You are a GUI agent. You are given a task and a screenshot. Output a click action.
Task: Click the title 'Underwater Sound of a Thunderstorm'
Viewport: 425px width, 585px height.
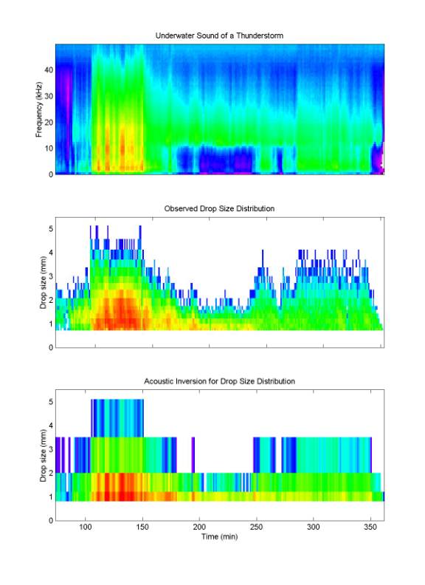click(219, 35)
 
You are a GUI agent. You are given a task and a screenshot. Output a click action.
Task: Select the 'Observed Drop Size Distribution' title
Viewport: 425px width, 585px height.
click(219, 208)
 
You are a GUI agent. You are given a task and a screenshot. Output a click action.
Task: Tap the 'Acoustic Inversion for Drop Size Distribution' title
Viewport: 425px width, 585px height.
click(220, 381)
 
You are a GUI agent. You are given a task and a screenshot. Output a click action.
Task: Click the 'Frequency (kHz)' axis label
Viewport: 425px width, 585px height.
click(39, 109)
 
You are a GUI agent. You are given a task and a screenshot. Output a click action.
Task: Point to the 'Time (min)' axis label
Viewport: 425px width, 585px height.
click(220, 536)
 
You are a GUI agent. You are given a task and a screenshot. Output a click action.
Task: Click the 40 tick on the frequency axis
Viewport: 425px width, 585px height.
click(49, 69)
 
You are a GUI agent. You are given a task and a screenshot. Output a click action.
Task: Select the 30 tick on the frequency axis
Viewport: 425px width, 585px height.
click(49, 96)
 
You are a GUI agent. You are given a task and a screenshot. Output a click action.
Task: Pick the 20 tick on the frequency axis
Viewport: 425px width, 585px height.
click(49, 123)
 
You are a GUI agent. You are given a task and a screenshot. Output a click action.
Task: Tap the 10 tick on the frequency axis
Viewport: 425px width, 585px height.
click(49, 148)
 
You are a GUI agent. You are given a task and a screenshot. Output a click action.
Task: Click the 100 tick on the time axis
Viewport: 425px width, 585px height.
click(86, 527)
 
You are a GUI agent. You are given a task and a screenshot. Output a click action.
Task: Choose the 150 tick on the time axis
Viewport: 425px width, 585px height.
click(142, 527)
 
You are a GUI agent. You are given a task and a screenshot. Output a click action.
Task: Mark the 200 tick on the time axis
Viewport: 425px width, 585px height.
click(199, 527)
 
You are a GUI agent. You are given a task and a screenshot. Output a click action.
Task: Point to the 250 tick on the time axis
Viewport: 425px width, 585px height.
click(257, 527)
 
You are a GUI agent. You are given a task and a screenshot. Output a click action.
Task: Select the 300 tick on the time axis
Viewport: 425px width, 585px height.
click(313, 527)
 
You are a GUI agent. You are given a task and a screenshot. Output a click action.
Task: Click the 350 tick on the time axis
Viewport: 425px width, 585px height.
click(370, 527)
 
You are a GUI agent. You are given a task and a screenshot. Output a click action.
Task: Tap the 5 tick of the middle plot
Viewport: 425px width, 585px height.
click(51, 229)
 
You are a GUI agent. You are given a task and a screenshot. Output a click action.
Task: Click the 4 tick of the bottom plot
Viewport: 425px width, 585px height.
click(51, 425)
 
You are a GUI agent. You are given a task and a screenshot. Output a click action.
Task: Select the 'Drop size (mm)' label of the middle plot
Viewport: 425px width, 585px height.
click(44, 282)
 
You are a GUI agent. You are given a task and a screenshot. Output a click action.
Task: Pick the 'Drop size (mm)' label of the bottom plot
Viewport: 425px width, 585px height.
click(44, 456)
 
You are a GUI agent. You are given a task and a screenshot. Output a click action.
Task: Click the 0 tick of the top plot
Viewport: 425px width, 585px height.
click(51, 174)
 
